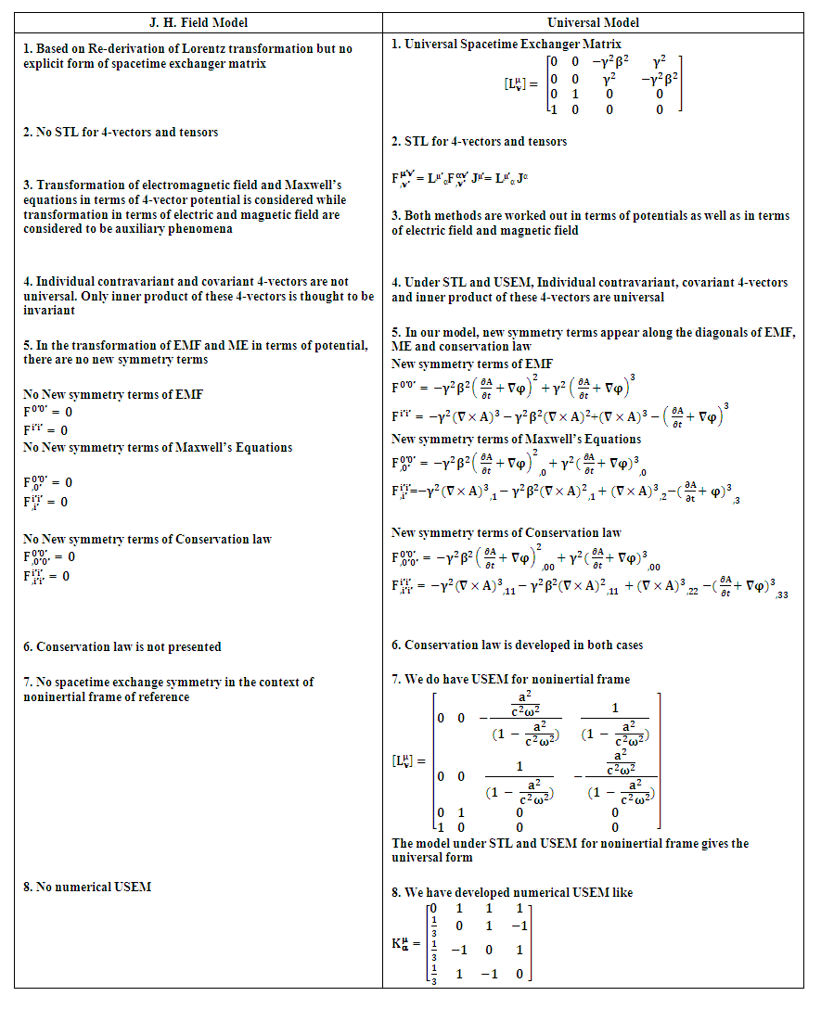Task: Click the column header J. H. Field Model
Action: coord(199,22)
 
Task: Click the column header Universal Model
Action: coord(594,22)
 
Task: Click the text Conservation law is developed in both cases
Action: coord(523,645)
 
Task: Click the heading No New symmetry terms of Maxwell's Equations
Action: coord(158,447)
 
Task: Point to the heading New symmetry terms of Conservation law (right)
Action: coord(507,532)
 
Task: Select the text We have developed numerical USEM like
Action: coord(519,892)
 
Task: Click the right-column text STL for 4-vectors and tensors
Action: coord(485,141)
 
